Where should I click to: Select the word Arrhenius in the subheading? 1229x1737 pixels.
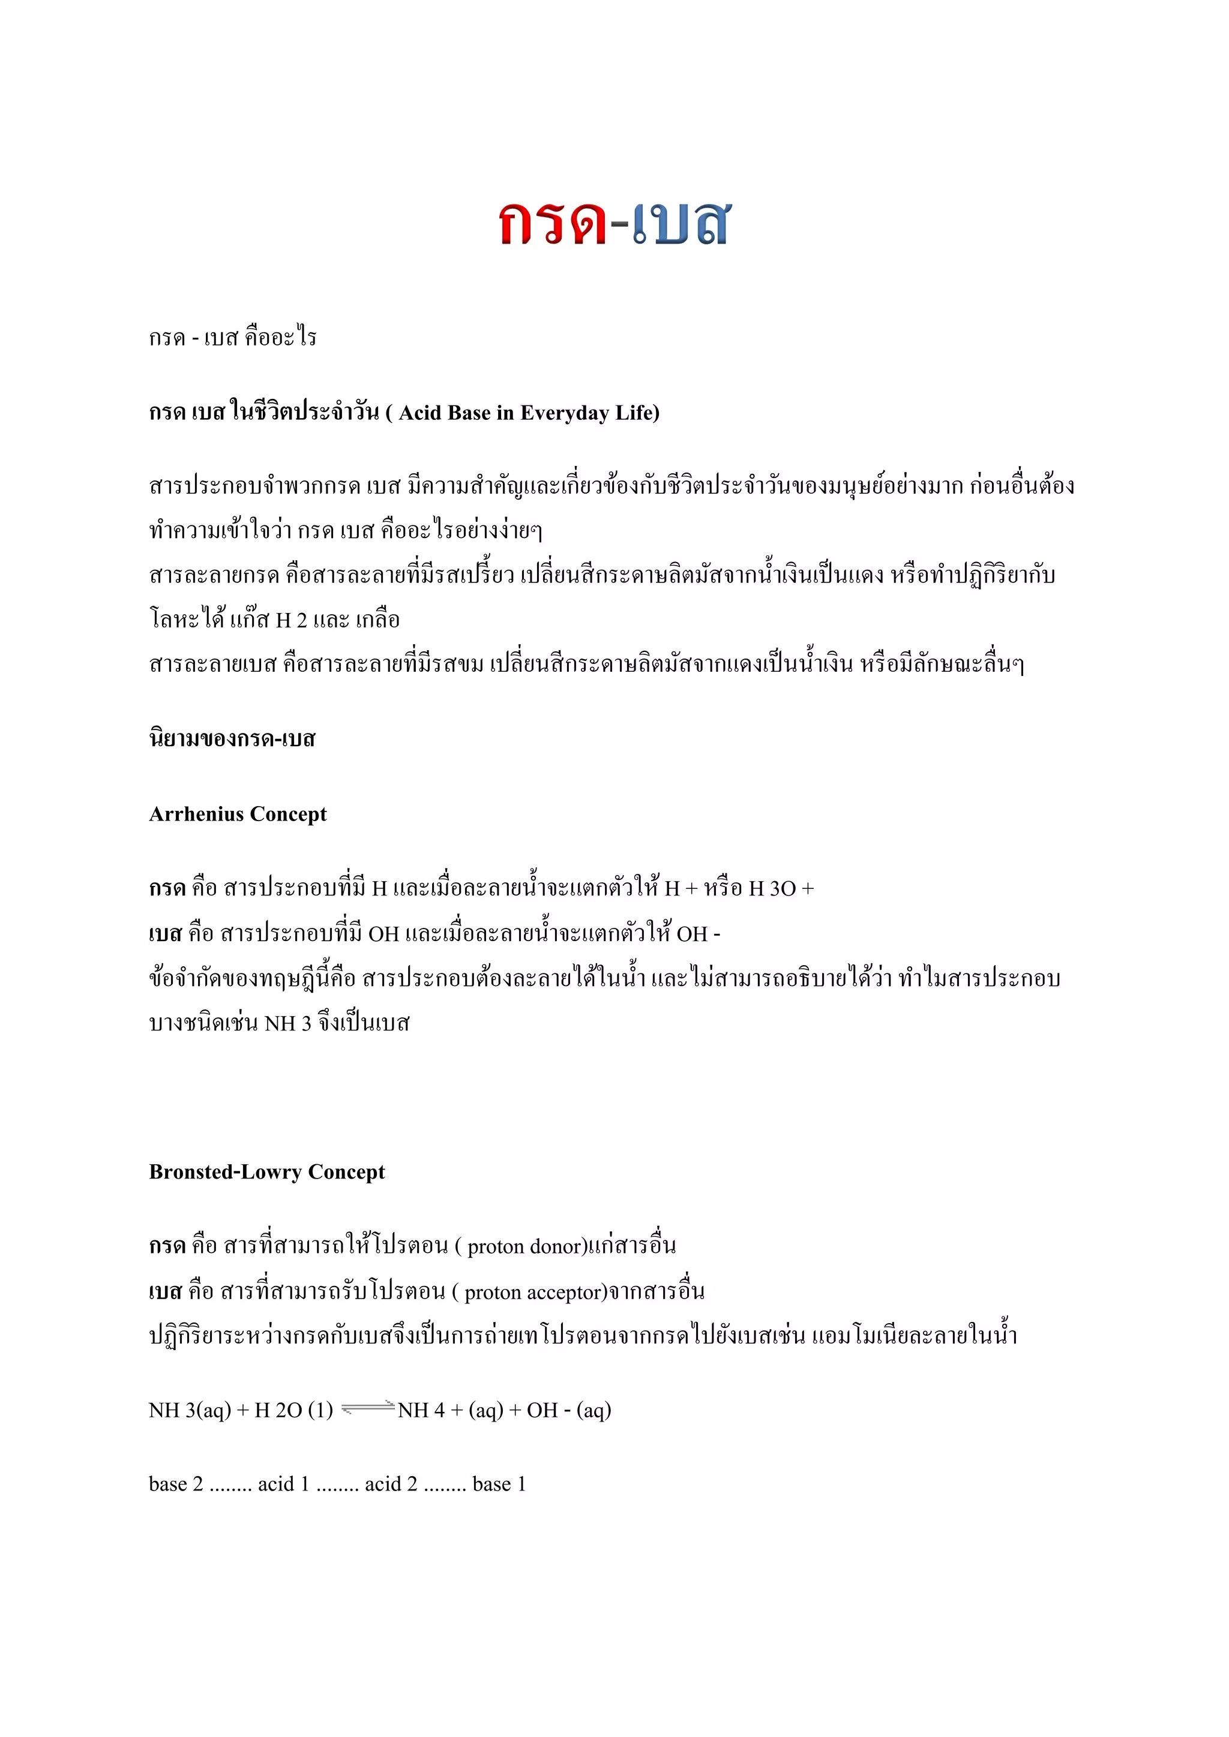(196, 814)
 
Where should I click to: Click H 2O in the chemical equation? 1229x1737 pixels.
(278, 1410)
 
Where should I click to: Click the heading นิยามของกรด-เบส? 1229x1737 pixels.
(232, 738)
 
